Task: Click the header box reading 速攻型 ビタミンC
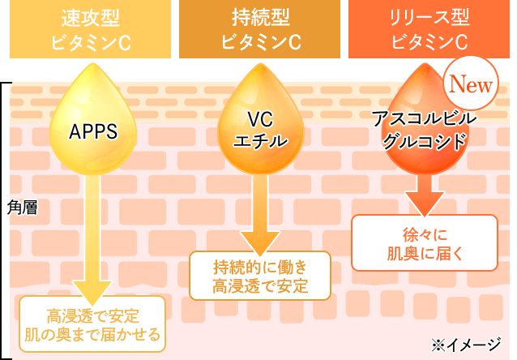[90, 29]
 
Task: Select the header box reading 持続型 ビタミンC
[259, 29]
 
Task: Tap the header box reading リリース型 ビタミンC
[429, 29]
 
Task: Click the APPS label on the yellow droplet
[94, 132]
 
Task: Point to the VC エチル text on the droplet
[260, 131]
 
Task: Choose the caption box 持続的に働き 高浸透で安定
[260, 276]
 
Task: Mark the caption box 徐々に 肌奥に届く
[424, 242]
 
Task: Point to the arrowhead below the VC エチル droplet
[259, 242]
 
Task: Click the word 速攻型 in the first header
[90, 18]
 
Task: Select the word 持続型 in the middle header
[259, 18]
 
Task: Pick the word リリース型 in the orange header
[429, 18]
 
